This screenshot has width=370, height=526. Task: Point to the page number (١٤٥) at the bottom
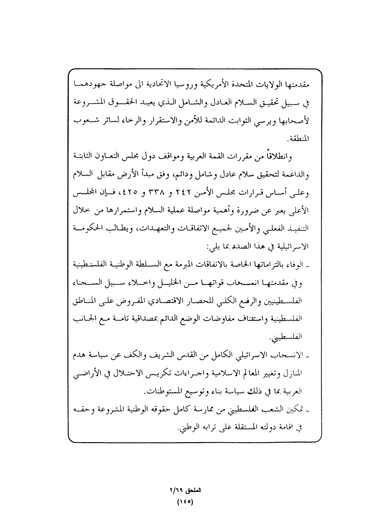click(185, 501)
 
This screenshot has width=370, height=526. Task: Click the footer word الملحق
click(196, 490)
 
